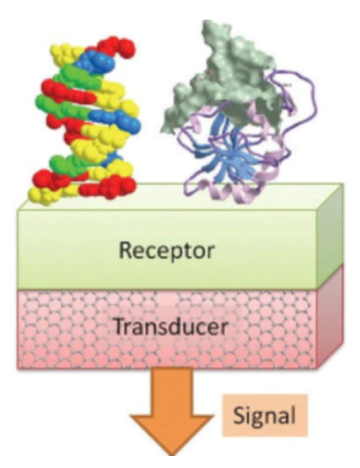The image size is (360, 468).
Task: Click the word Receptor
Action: click(167, 251)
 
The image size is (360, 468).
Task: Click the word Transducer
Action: click(171, 327)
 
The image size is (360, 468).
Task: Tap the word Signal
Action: click(264, 416)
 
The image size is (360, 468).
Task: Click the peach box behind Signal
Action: click(265, 415)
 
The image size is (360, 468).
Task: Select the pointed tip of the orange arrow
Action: click(172, 455)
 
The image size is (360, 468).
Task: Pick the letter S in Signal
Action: click(240, 415)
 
